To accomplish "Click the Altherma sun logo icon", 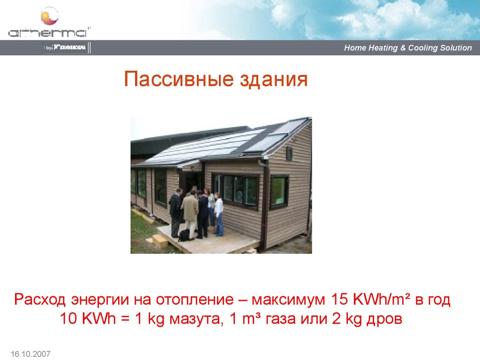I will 49,17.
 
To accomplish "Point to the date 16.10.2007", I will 29,353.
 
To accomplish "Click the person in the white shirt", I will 218,214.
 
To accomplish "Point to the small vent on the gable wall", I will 289,153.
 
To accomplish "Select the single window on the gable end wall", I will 279,191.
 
